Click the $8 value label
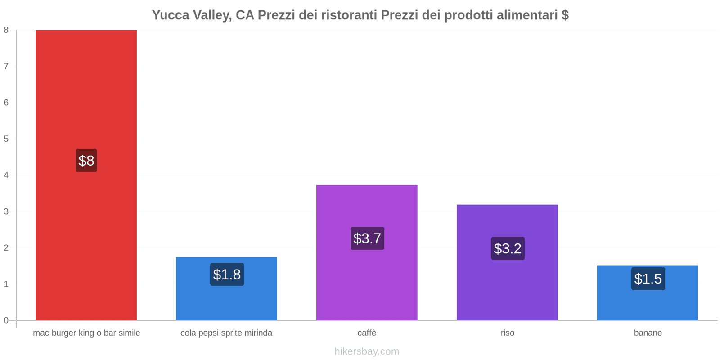pos(86,161)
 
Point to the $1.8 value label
pos(227,274)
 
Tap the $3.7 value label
pos(367,238)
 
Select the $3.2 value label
pos(508,248)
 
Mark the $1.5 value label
pos(648,279)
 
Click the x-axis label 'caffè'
pos(367,333)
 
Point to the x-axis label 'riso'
pos(507,333)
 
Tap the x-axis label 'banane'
pos(648,333)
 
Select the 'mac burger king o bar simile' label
pos(86,333)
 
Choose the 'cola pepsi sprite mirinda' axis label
pos(226,333)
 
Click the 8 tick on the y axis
pos(6,30)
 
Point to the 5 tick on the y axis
pos(6,139)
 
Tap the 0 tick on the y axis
pos(6,320)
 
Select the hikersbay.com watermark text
pos(367,351)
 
